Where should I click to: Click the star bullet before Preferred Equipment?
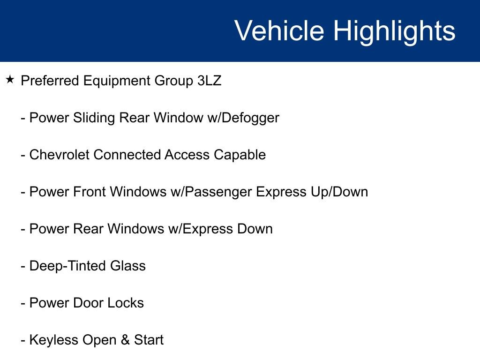10,80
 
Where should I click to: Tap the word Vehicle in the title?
279,30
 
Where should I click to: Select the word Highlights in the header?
394,32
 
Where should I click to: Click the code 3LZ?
210,81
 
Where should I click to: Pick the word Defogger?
250,118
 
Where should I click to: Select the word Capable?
240,155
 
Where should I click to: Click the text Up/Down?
339,192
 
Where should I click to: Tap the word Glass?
128,266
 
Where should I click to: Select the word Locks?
126,303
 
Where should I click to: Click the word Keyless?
54,340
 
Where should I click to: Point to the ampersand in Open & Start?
125,340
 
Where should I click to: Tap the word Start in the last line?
149,340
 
